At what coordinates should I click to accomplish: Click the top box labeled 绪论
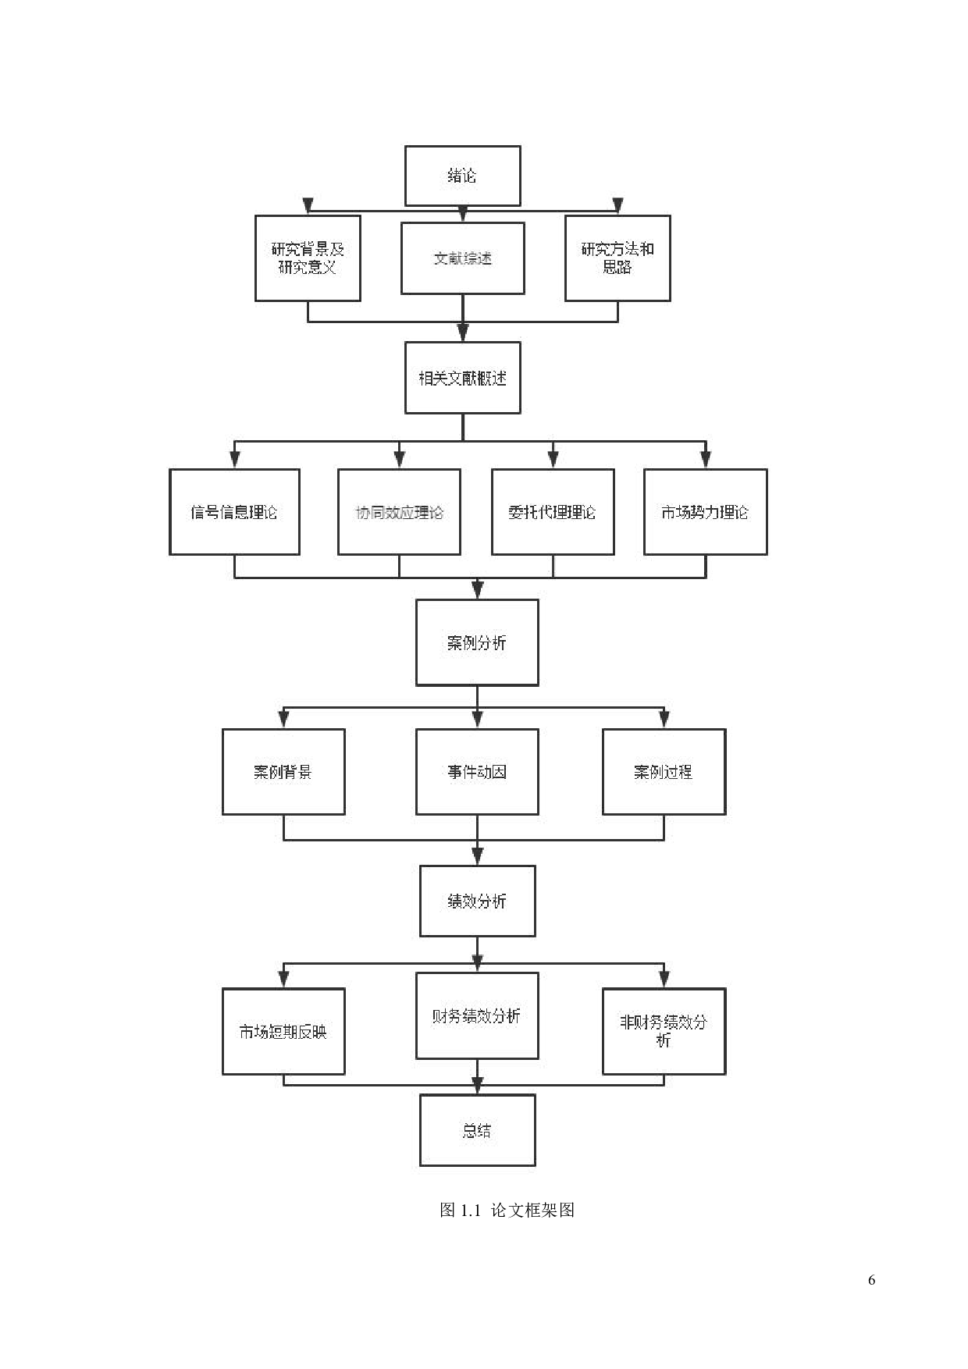click(x=462, y=176)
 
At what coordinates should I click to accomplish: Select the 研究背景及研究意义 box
click(x=308, y=258)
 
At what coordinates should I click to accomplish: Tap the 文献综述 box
click(x=462, y=258)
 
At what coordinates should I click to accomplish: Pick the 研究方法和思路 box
click(x=617, y=258)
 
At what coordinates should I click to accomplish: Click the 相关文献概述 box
click(x=462, y=378)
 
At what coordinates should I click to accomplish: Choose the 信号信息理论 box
click(x=234, y=512)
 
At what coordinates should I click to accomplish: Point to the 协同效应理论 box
click(x=399, y=512)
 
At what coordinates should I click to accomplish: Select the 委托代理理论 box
click(x=553, y=512)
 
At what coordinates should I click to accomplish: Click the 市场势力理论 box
click(x=705, y=512)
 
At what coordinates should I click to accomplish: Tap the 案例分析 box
click(x=477, y=642)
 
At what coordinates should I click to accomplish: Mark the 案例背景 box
click(x=283, y=772)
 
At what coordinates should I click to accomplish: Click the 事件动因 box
click(x=477, y=772)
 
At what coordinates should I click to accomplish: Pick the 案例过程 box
click(x=664, y=772)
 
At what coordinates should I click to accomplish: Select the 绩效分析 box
click(x=477, y=901)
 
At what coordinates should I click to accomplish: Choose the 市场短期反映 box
click(x=283, y=1031)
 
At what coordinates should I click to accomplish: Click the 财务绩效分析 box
click(x=477, y=1015)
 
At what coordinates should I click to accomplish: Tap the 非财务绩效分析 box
click(x=664, y=1031)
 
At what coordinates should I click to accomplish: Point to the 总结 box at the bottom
click(x=477, y=1130)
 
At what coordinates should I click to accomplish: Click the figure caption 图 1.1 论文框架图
click(x=507, y=1210)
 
